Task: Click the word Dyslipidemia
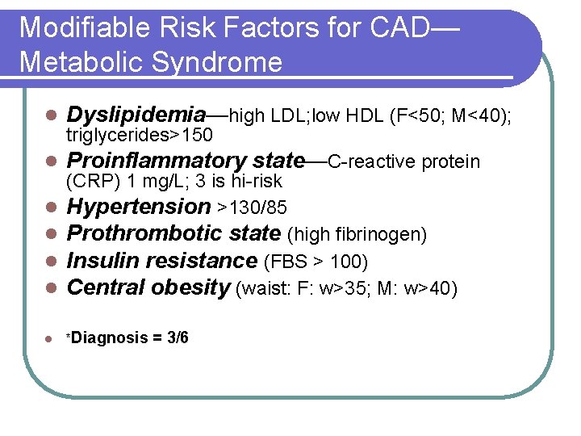[136, 115]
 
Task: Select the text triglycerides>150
[140, 134]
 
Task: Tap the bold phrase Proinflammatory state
[186, 161]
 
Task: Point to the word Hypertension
[138, 207]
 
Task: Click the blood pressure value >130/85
[253, 208]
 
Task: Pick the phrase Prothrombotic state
[173, 234]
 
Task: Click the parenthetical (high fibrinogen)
[357, 235]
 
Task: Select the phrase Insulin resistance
[161, 261]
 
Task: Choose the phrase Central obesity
[148, 288]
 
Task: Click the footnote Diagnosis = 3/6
[130, 337]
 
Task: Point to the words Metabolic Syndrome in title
[151, 62]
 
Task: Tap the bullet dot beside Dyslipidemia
[50, 115]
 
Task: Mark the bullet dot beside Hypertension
[50, 208]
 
